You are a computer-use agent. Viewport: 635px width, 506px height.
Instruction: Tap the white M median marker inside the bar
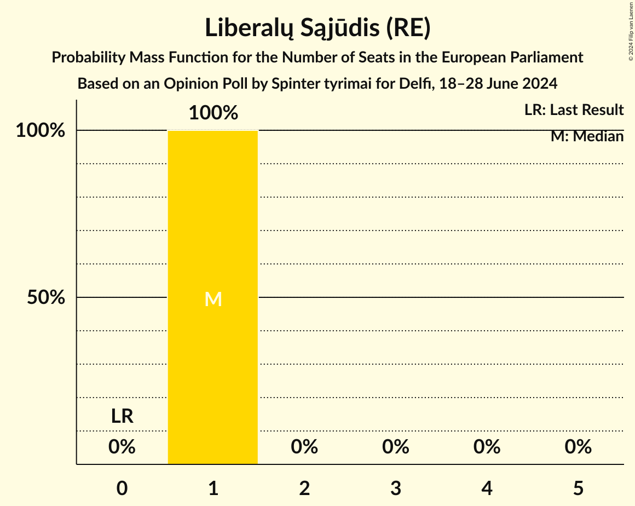pyautogui.click(x=213, y=299)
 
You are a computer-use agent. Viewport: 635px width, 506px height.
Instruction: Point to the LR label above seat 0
pyautogui.click(x=122, y=416)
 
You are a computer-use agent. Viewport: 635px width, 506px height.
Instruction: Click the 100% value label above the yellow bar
pyautogui.click(x=213, y=113)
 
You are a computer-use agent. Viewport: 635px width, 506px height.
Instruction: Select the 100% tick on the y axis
pyautogui.click(x=41, y=131)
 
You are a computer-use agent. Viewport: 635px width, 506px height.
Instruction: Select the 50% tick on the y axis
pyautogui.click(x=46, y=298)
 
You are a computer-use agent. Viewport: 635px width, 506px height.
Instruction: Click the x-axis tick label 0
pyautogui.click(x=122, y=488)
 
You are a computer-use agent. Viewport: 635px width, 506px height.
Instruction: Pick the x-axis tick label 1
pyautogui.click(x=213, y=488)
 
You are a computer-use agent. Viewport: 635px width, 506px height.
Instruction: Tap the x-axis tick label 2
pyautogui.click(x=304, y=488)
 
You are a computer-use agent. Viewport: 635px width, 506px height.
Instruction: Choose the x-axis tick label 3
pyautogui.click(x=396, y=488)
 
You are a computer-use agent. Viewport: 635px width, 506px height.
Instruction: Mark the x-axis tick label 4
pyautogui.click(x=487, y=488)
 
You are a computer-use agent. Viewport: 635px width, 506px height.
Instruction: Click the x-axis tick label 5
pyautogui.click(x=578, y=488)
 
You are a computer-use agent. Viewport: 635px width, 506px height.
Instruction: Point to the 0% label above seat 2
pyautogui.click(x=304, y=447)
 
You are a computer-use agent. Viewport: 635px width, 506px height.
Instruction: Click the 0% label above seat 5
pyautogui.click(x=578, y=447)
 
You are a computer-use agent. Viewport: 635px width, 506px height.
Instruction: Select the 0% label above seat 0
pyautogui.click(x=122, y=447)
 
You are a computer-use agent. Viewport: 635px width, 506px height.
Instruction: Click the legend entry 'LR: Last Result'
pyautogui.click(x=574, y=110)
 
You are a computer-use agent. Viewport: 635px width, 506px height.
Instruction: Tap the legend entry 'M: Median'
pyautogui.click(x=587, y=136)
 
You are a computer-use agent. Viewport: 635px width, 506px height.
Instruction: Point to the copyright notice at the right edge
pyautogui.click(x=630, y=31)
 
